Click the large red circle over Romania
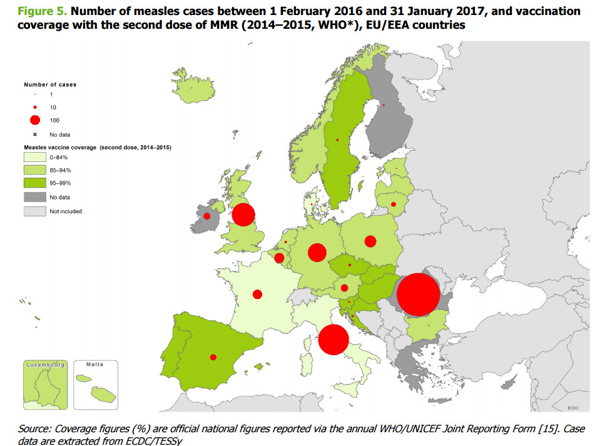418,295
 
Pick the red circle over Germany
317,252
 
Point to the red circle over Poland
370,241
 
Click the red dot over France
257,294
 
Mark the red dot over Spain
213,357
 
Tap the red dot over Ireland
206,216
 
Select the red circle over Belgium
279,258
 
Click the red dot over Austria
344,288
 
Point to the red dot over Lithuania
394,204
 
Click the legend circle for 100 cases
35,120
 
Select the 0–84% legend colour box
35,158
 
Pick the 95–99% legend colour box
35,184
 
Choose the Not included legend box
35,211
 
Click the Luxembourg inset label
46,363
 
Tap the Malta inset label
94,363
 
